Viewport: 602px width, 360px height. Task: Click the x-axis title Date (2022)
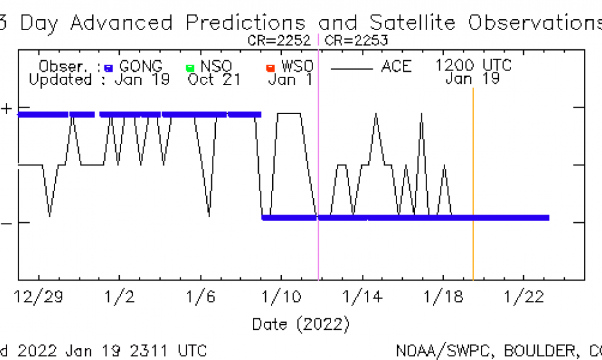click(x=300, y=324)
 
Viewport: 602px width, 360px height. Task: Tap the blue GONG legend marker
click(x=108, y=67)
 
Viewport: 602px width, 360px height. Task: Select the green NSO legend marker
click(x=190, y=67)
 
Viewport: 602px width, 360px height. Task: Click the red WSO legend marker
click(x=270, y=67)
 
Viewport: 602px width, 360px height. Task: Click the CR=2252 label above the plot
click(x=279, y=40)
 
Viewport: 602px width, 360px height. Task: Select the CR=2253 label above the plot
click(x=357, y=40)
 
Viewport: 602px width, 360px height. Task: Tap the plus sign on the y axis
click(x=6, y=108)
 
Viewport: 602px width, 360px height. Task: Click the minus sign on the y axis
click(x=6, y=223)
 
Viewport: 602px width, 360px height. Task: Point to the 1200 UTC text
click(x=473, y=66)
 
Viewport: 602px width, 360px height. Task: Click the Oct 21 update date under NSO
click(x=214, y=80)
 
